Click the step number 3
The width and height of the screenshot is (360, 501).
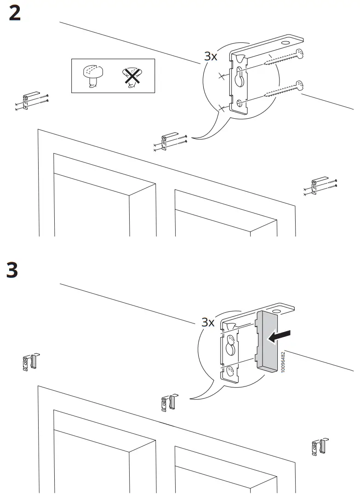[12, 270]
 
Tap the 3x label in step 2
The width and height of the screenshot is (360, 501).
[211, 57]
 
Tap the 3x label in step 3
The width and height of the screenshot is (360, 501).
[208, 322]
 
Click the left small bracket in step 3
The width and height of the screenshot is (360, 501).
[29, 363]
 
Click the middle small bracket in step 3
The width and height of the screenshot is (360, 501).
[168, 403]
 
